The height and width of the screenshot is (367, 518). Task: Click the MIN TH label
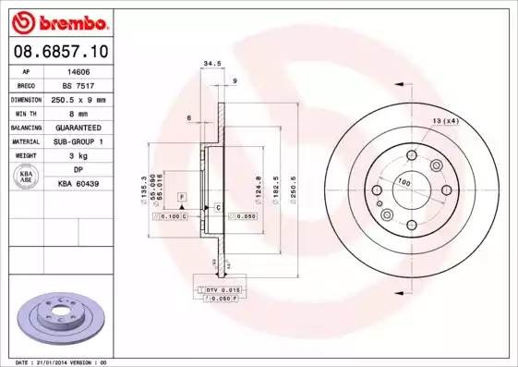[25, 112]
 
